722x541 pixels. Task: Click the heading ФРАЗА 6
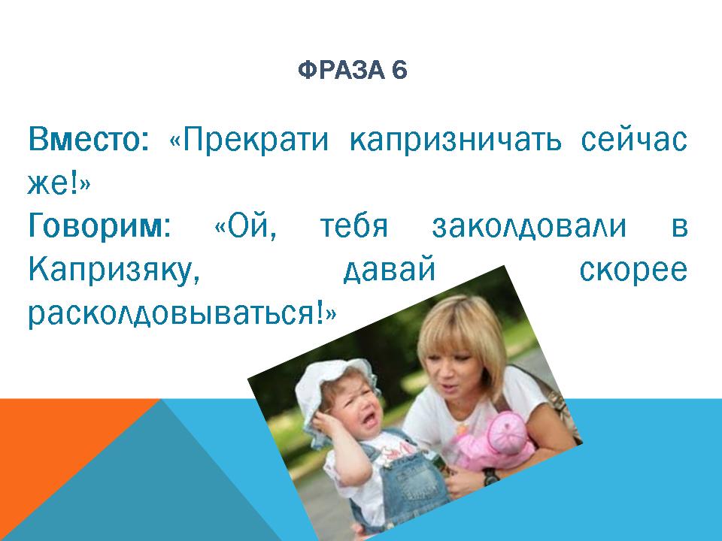pos(352,70)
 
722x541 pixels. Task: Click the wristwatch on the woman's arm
pos(490,475)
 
